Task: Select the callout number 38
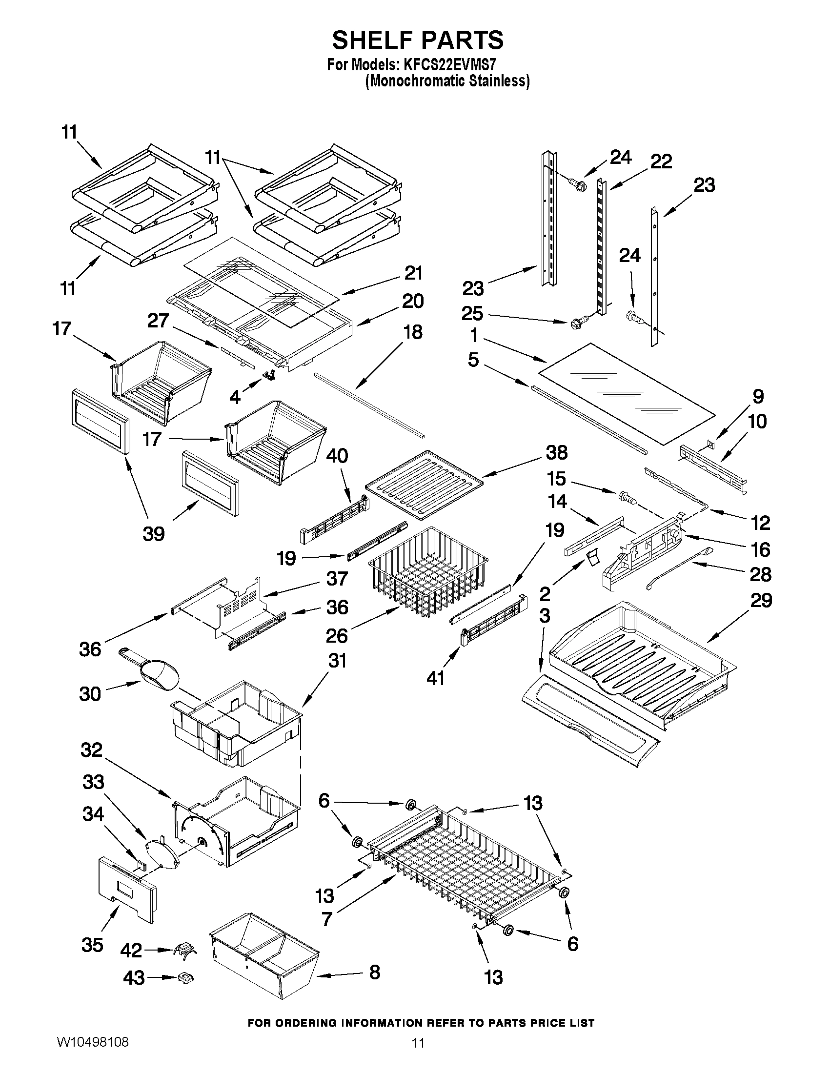[556, 453]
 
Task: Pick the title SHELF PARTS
[418, 40]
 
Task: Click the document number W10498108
[93, 1040]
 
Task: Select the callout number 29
[761, 601]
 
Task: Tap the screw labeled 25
[576, 324]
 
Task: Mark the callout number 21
[413, 273]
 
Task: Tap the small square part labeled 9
[708, 444]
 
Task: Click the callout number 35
[92, 945]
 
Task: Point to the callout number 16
[760, 549]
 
